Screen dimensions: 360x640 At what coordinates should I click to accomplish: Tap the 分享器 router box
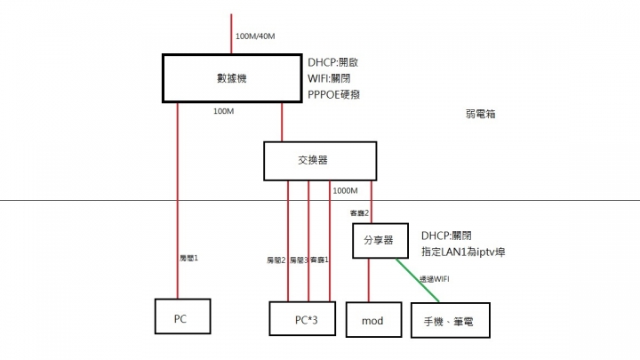(x=381, y=241)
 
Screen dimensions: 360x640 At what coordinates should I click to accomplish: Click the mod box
(x=372, y=318)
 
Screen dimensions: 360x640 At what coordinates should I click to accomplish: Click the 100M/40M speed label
(x=255, y=36)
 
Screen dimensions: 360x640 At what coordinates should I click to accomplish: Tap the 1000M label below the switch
(x=346, y=191)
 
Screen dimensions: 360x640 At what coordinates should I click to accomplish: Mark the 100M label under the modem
(x=224, y=111)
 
